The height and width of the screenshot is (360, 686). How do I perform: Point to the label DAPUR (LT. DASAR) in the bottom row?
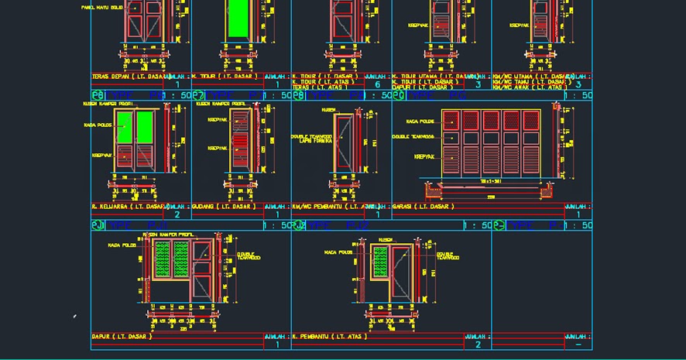[122, 337]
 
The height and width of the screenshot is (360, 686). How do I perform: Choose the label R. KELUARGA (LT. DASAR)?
[129, 207]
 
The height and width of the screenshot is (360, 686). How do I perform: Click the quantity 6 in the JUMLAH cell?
[377, 84]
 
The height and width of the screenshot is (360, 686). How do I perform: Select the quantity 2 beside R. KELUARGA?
[177, 214]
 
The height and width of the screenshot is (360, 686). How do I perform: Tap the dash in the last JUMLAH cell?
[578, 345]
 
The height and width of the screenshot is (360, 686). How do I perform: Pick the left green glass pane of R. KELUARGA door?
[125, 127]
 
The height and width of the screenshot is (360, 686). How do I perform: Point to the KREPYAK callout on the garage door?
[424, 156]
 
